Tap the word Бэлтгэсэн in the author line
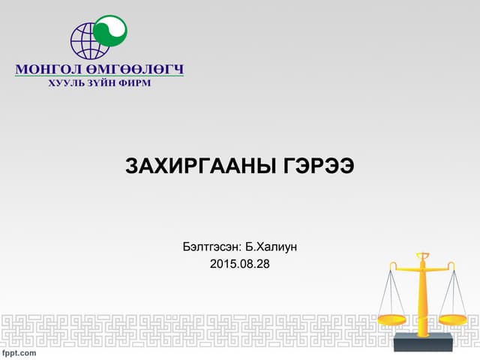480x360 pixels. tap(211, 246)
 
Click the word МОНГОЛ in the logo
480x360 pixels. tap(46, 70)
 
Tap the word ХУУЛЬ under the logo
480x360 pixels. tap(65, 82)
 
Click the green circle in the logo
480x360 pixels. tap(109, 31)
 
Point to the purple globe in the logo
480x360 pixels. tap(88, 42)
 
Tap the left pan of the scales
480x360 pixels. tap(391, 319)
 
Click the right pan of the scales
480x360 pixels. tap(453, 319)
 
